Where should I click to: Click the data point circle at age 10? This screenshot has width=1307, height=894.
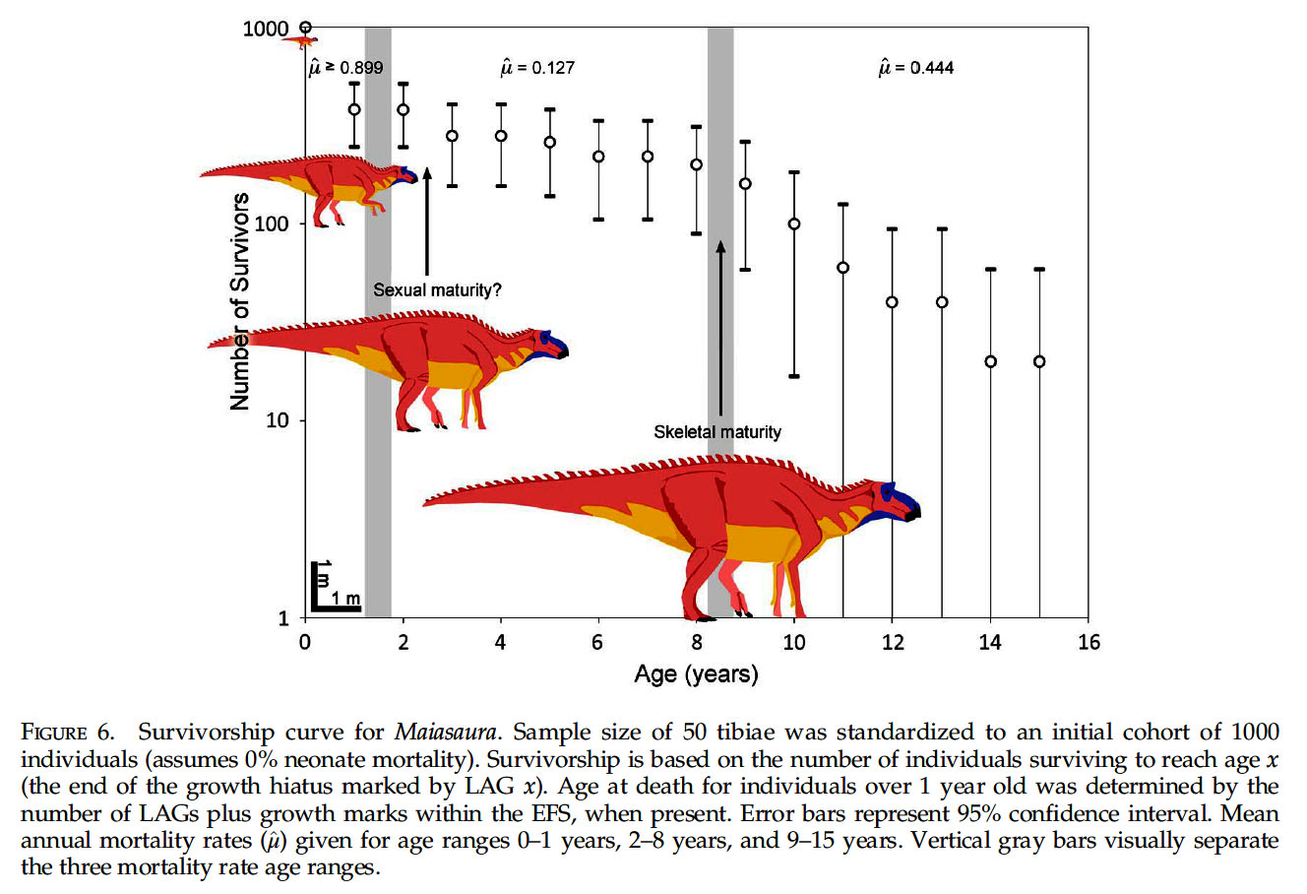(x=794, y=224)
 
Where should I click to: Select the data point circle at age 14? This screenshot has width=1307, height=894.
(x=990, y=361)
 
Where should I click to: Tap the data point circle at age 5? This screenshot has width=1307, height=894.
(x=550, y=143)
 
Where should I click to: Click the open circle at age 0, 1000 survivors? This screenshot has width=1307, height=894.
(x=305, y=28)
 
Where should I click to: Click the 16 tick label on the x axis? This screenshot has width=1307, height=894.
(x=1088, y=643)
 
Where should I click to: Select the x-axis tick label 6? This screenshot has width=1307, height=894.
(x=597, y=643)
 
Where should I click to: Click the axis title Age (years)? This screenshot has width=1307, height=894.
(x=696, y=674)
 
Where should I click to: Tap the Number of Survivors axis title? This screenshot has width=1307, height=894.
(x=239, y=301)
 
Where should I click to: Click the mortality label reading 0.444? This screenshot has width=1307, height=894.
(x=915, y=68)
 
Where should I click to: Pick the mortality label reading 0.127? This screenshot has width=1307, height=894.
(x=537, y=68)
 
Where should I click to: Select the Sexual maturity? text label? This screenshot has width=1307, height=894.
(x=437, y=290)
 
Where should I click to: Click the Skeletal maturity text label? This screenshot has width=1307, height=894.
(x=717, y=432)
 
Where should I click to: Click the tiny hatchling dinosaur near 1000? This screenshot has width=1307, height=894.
(x=299, y=41)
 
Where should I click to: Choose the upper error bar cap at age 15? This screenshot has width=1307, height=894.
(x=1038, y=269)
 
